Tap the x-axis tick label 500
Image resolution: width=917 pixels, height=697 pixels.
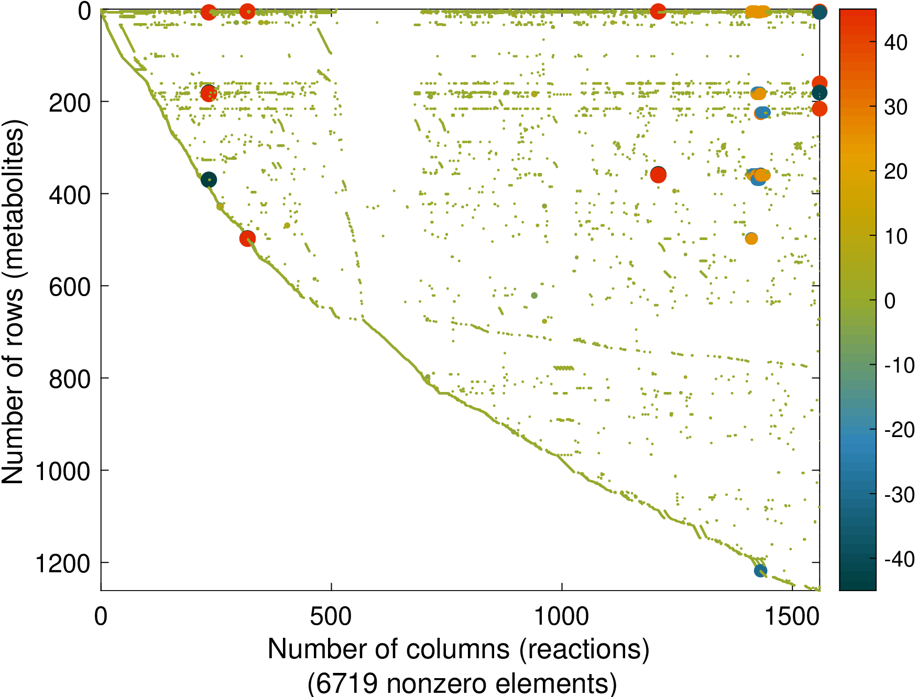point(331,616)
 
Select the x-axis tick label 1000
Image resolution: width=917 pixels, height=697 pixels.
point(561,616)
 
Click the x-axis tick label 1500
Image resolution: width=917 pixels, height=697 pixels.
point(792,616)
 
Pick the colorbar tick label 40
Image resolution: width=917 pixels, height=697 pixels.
point(896,43)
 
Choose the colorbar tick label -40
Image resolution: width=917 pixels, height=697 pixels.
point(899,559)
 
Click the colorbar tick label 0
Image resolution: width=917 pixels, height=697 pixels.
point(890,301)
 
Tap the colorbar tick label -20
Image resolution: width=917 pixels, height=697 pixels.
point(899,430)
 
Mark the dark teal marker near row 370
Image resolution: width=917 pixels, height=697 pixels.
point(209,180)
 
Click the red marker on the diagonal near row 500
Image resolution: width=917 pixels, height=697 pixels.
point(247,238)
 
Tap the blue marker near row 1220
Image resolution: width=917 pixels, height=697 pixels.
point(760,571)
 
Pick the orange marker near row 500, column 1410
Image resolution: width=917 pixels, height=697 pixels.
point(751,238)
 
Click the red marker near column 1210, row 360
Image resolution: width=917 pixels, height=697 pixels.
point(658,175)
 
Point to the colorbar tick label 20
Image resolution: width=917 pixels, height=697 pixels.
point(896,172)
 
